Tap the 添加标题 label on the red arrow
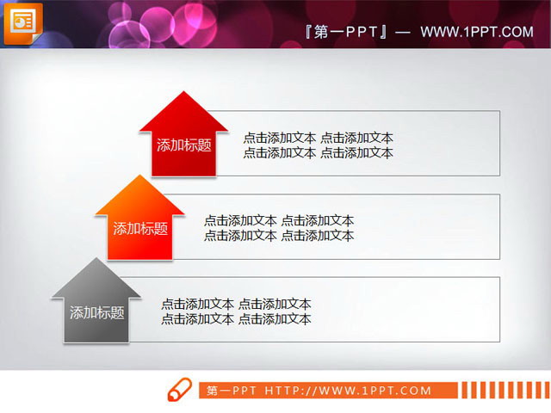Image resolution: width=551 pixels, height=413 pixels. (183, 145)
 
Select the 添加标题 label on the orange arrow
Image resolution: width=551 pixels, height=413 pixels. (140, 229)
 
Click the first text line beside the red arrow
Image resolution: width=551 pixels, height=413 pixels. (318, 138)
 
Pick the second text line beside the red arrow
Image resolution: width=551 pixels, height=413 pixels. (318, 153)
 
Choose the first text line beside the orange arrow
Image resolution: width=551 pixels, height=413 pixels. (278, 221)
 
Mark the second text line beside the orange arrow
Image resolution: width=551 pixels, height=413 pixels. (278, 236)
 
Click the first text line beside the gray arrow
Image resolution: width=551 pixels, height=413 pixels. (236, 304)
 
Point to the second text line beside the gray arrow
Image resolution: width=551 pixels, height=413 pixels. (236, 319)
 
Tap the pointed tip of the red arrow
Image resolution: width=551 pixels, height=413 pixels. (183, 91)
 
